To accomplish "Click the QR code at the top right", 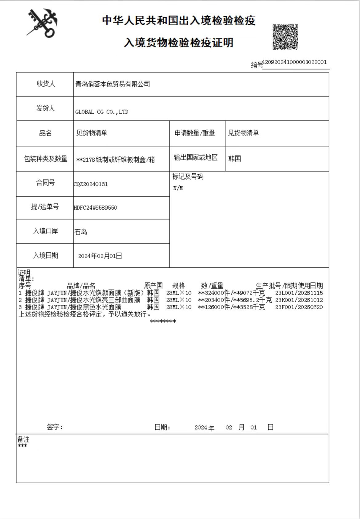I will (285, 37).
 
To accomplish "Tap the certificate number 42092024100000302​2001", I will (294, 62).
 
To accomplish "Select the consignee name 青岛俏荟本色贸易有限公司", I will (113, 84).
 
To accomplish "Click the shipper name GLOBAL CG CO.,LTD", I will (102, 112).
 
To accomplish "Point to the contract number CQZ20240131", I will (91, 184).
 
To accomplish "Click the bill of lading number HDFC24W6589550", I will (95, 208).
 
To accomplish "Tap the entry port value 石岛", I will (81, 232).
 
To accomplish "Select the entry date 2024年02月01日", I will (100, 256).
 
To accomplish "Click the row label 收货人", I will (46, 84).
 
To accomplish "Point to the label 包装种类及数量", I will (46, 159).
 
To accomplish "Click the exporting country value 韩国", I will (234, 159).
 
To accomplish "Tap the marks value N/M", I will (178, 188).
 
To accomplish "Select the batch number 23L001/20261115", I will (299, 293).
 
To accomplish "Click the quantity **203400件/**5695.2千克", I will (235, 300).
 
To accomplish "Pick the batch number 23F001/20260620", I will (299, 307).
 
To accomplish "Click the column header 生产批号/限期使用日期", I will (289, 286).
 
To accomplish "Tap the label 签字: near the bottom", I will (55, 427).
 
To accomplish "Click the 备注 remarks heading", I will (23, 440).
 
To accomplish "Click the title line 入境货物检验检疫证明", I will (178, 42).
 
